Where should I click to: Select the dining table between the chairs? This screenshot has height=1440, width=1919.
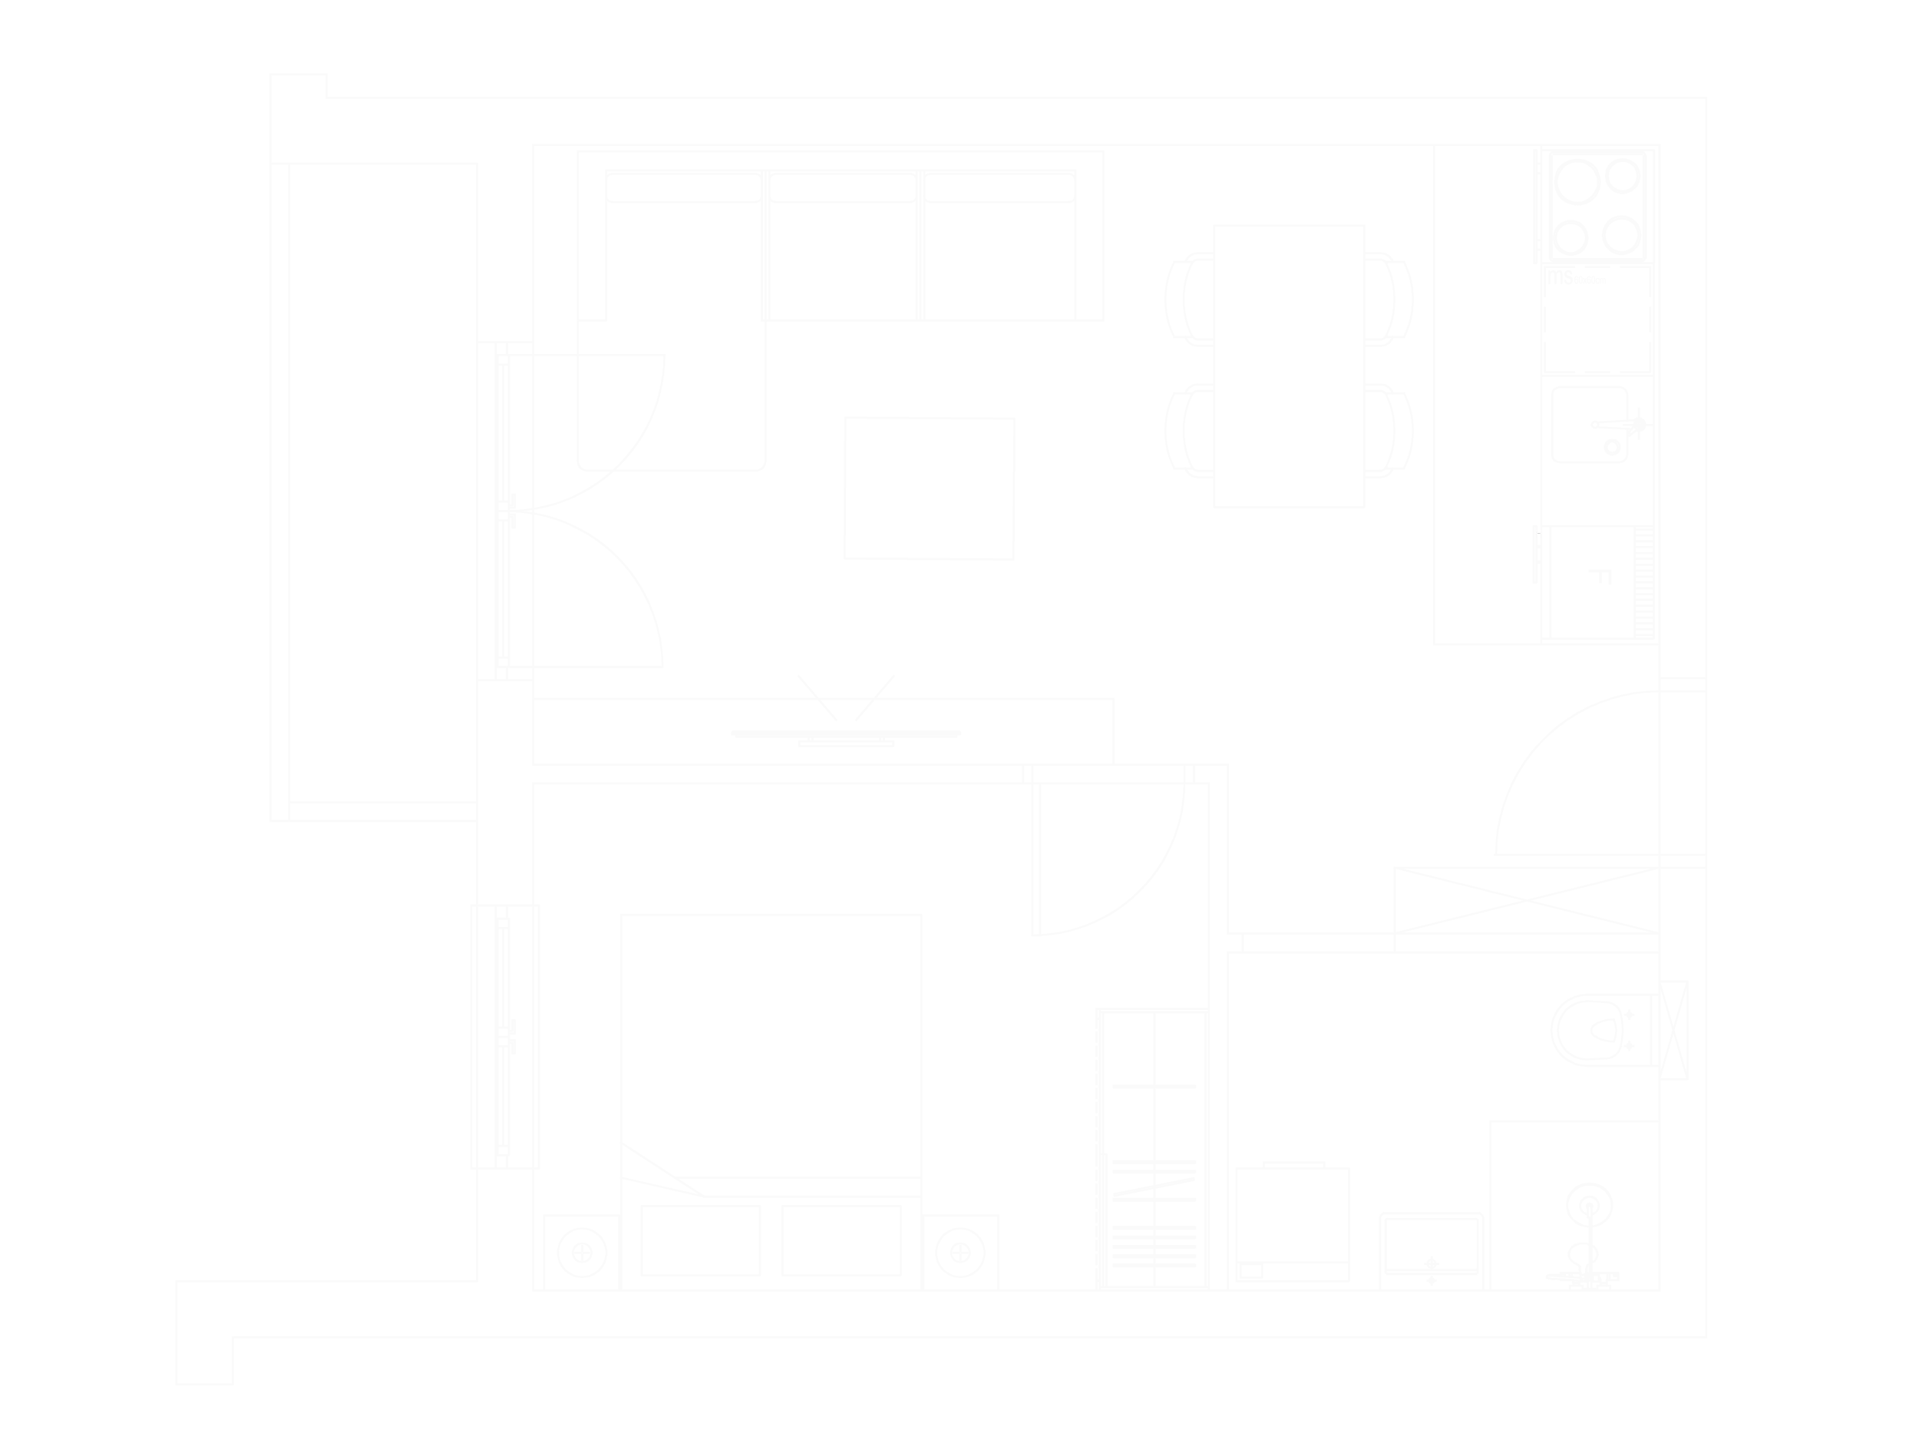click(x=1289, y=366)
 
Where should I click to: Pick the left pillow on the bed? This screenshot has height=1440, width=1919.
click(x=699, y=1241)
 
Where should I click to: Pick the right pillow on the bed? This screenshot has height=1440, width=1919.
click(x=841, y=1241)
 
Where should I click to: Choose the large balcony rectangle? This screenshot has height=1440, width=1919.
click(x=384, y=482)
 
